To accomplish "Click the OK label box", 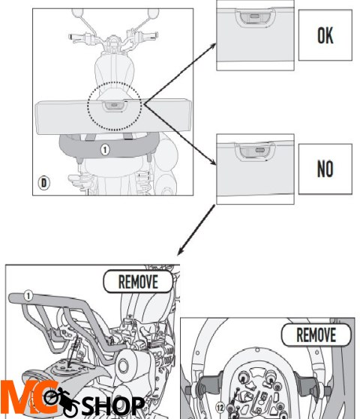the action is pos(325,35).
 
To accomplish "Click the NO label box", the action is pos(325,169).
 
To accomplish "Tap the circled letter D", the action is pos(43,183).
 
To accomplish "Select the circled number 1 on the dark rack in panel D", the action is pos(105,150).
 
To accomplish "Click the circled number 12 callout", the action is pos(220,408).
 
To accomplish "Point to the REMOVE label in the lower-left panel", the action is pos(138,281).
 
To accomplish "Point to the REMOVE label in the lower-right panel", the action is pos(316,334).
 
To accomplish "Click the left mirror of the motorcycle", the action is pos(77,12).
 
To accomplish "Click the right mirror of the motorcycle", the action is pos(153,13).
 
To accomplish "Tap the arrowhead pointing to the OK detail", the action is pos(213,46).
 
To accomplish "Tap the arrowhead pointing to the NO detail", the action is pos(213,162).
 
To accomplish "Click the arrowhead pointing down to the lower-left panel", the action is pos(180,252).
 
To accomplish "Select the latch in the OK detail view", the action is pos(255,17).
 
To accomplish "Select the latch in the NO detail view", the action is pos(255,151).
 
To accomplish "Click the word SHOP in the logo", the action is pos(113,406).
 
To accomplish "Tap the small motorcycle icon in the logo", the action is pos(61,402).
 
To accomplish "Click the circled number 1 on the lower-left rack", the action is pos(28,296).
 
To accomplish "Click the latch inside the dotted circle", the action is pos(114,106).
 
